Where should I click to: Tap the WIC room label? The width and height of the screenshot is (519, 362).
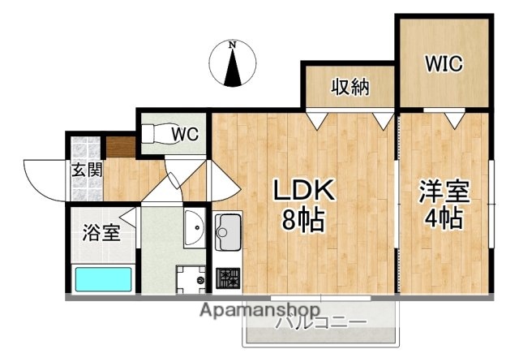point(444,64)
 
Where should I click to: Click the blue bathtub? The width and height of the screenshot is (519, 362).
point(103,280)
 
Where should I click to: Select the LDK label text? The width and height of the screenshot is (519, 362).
point(302,190)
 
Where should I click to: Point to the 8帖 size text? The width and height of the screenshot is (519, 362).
point(302,219)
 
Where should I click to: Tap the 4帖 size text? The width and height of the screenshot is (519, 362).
point(444,220)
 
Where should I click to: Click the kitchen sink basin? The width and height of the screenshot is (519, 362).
point(227,230)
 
